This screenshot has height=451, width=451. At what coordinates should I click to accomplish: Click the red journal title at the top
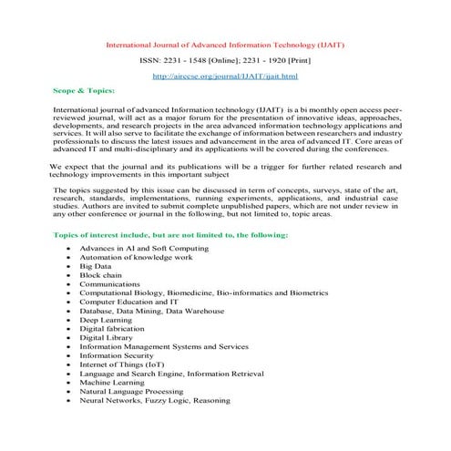click(225, 43)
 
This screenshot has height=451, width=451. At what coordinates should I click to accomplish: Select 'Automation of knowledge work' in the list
click(135, 256)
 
